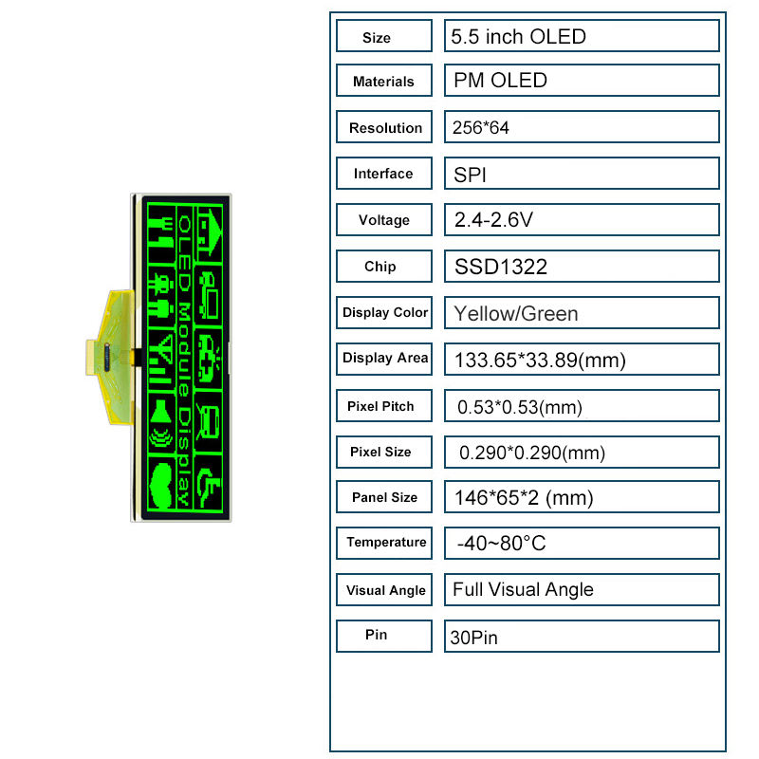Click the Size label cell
[x=384, y=36]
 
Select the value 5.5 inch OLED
[x=518, y=37]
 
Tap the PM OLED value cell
[x=582, y=81]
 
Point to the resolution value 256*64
[x=481, y=128]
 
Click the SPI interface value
[x=470, y=175]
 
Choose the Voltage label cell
[x=384, y=220]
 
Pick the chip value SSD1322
[x=501, y=267]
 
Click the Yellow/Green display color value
[x=516, y=314]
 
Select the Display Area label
[x=385, y=359]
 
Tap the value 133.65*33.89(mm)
[x=540, y=361]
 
